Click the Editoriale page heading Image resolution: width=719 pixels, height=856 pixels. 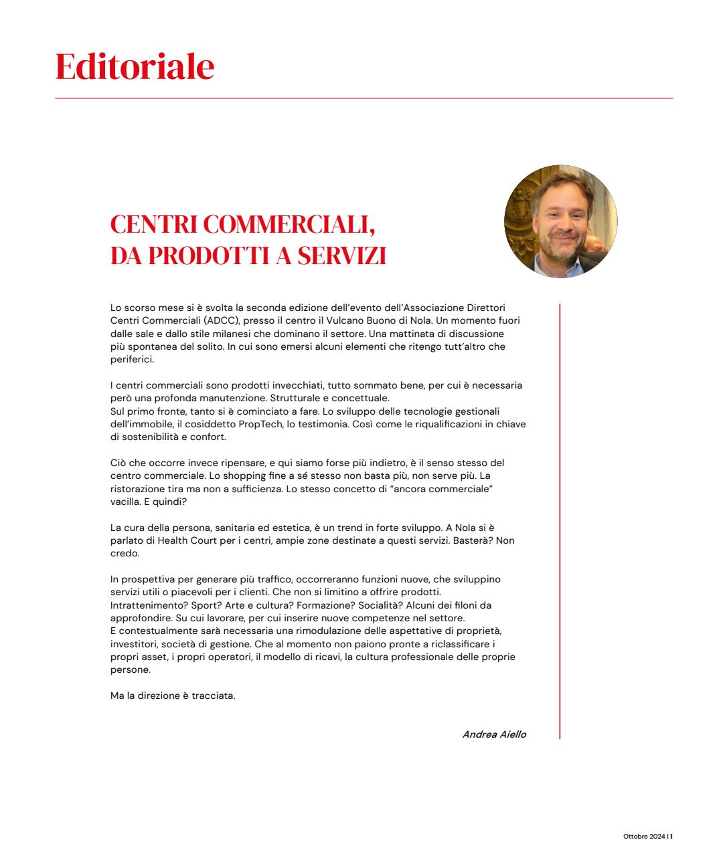(x=135, y=66)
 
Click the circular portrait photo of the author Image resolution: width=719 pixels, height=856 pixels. (x=560, y=221)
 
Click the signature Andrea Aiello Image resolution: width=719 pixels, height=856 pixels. (x=494, y=734)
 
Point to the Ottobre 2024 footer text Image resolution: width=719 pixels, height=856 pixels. (x=644, y=837)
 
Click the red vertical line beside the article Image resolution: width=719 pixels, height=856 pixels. (x=560, y=522)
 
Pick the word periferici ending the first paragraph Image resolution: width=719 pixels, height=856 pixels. (x=132, y=359)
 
